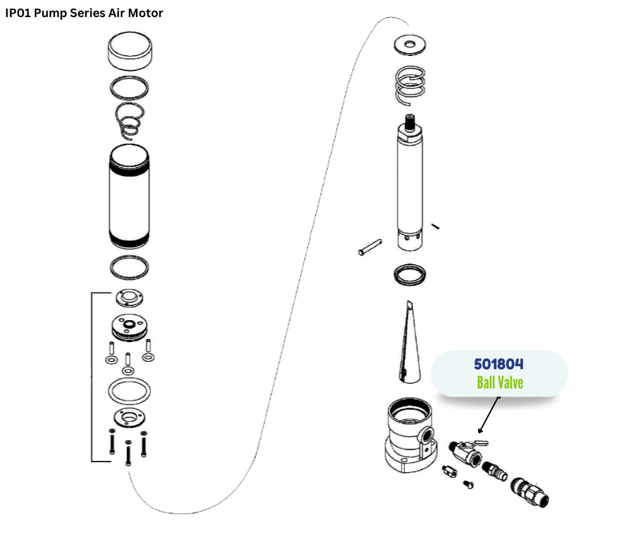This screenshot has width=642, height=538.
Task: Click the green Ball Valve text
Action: point(500,382)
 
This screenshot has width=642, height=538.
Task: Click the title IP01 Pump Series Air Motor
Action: point(84,13)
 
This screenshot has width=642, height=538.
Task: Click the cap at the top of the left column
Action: point(130,53)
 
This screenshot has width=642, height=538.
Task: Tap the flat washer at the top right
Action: point(410,45)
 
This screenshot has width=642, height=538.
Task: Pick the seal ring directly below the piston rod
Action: point(410,274)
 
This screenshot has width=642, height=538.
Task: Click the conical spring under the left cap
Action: point(130,120)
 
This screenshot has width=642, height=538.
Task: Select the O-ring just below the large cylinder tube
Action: point(130,267)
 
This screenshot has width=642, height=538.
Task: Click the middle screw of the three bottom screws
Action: point(128,453)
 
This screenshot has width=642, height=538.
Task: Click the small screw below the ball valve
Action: point(469,483)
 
